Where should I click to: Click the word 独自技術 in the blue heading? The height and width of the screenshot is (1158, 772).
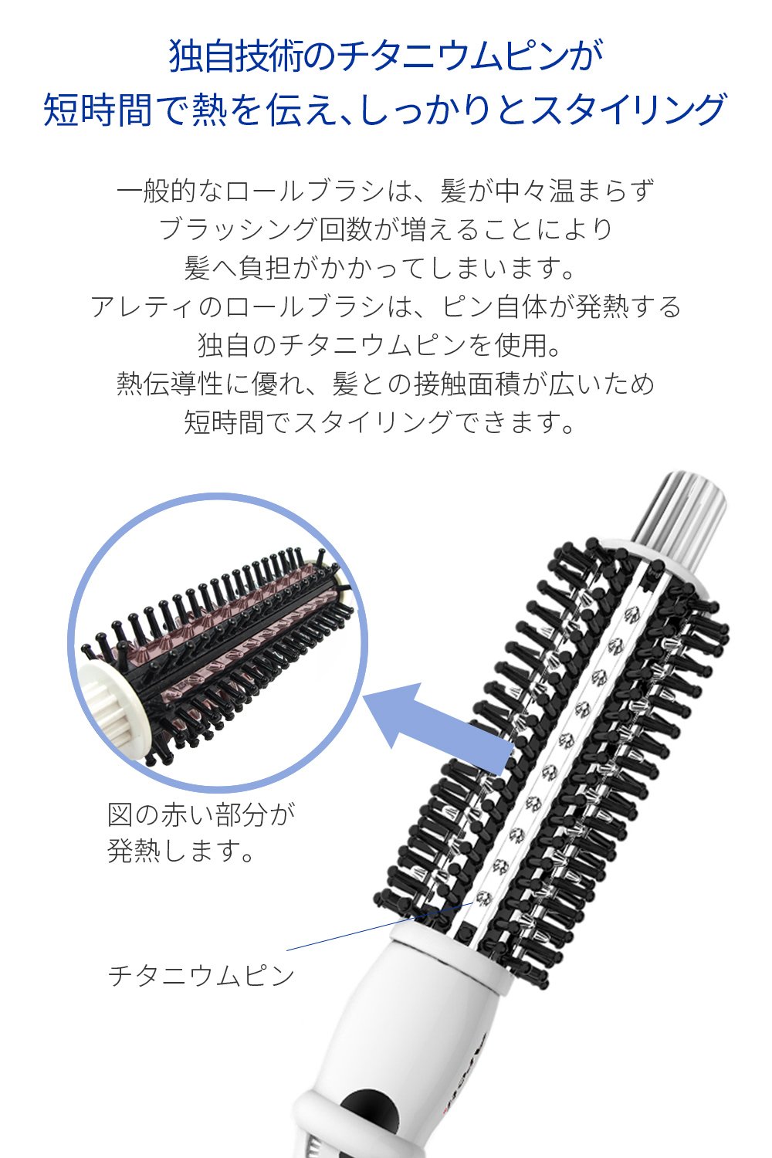coord(235,56)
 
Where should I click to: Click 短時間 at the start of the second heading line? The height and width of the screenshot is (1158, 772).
coord(98,109)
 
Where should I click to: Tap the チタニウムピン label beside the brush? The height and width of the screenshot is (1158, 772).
coord(201,976)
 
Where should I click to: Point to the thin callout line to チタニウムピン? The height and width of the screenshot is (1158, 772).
coord(380,926)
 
